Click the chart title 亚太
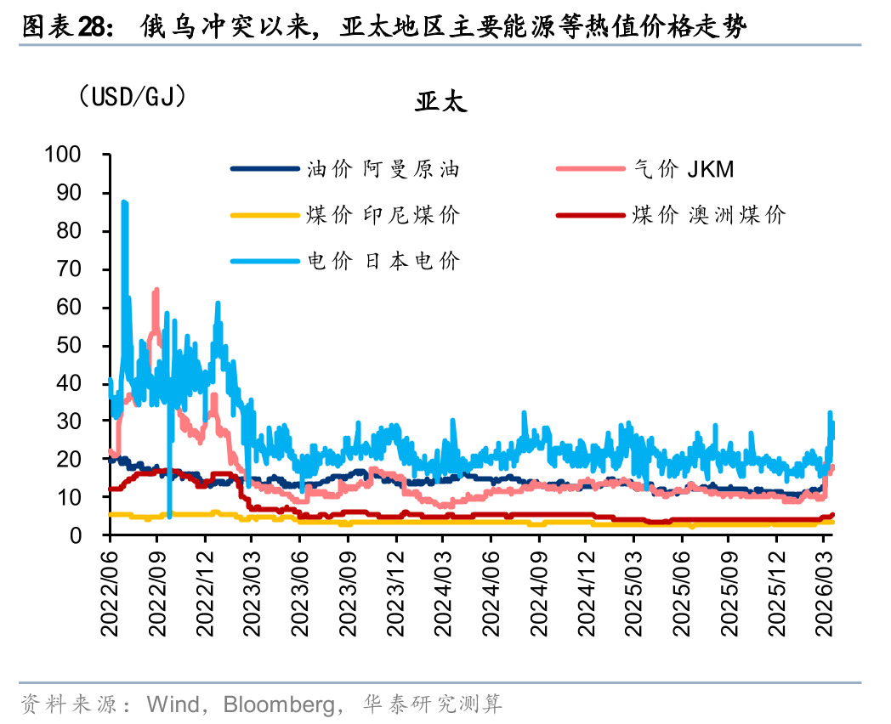coord(441,103)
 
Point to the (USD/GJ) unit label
coord(132,96)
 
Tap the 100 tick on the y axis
coord(86,156)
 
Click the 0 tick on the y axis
coord(96,536)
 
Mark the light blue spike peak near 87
coord(124,202)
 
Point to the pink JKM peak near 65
coord(156,291)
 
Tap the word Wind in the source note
coord(173,704)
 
